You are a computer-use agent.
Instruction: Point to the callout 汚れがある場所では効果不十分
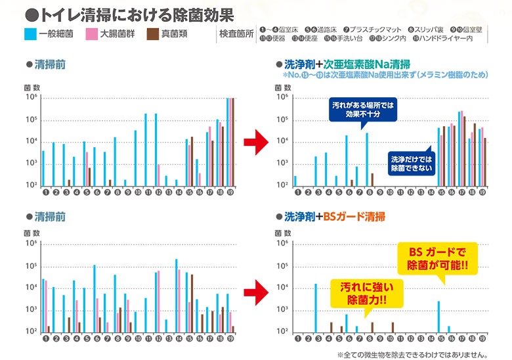pyautogui.click(x=362, y=109)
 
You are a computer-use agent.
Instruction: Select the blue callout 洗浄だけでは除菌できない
pyautogui.click(x=412, y=163)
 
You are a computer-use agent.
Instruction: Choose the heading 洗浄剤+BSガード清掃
pyautogui.click(x=334, y=216)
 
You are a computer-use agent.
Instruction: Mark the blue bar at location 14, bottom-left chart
pyautogui.click(x=176, y=295)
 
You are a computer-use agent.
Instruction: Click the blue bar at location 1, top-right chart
pyautogui.click(x=295, y=181)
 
